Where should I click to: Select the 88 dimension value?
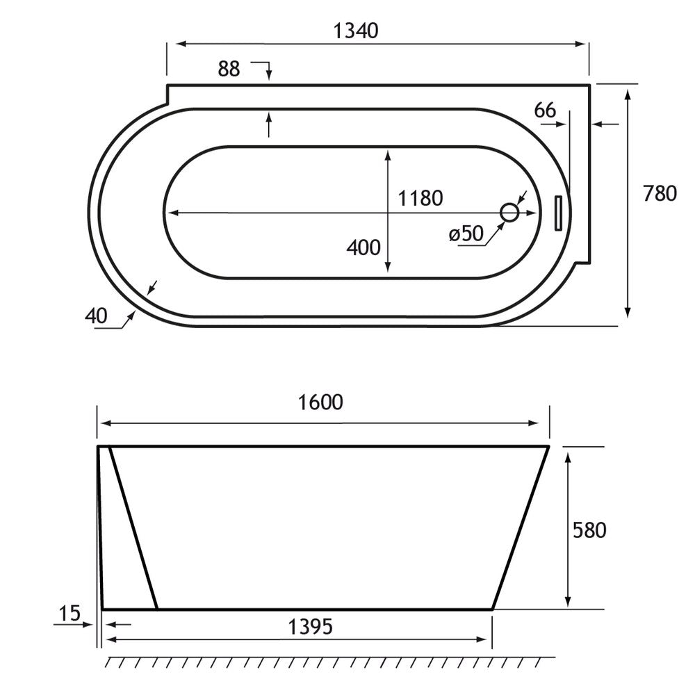tap(229, 69)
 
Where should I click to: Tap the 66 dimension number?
tap(546, 110)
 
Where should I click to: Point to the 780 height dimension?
tap(659, 194)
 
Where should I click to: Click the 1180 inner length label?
tap(420, 199)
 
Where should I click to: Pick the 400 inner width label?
tap(364, 247)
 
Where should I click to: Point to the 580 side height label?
tap(589, 530)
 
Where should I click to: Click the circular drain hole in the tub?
tap(510, 213)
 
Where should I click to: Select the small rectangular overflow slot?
tap(557, 213)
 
